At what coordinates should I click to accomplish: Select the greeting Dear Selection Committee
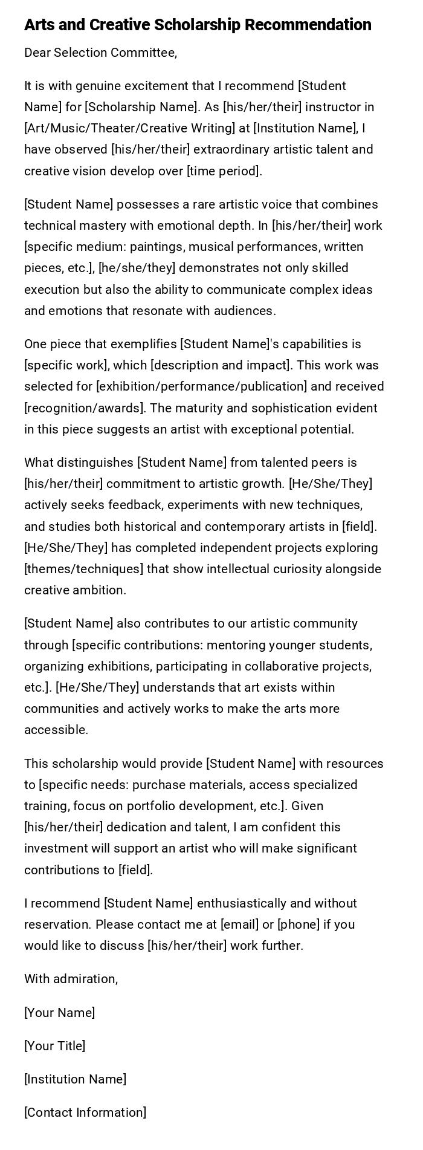point(100,53)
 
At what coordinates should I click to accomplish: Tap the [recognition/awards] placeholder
point(85,408)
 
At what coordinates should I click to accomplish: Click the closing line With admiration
point(71,979)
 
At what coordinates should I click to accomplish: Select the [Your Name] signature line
point(59,1013)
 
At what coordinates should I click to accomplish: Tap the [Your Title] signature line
point(54,1046)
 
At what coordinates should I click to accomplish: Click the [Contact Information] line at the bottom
point(85,1113)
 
